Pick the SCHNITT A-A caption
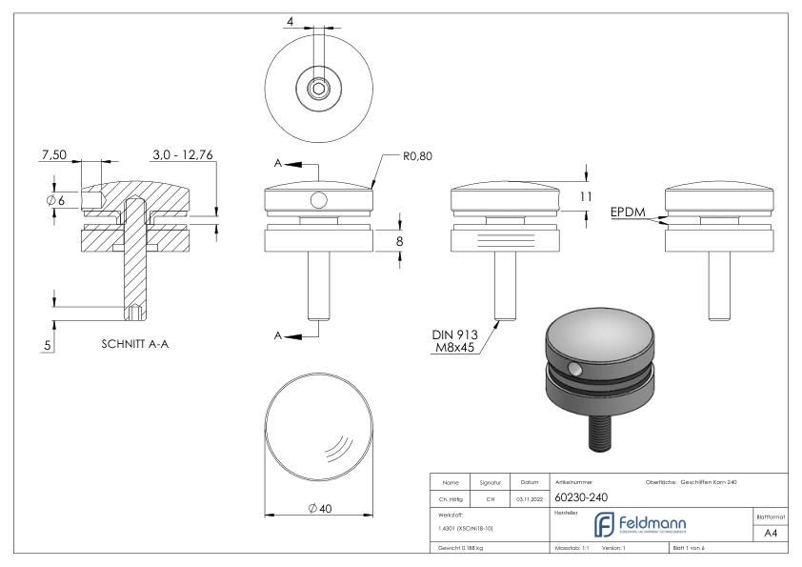tap(133, 345)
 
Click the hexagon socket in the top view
tap(317, 91)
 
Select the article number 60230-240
tap(581, 496)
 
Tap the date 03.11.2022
tap(528, 497)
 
